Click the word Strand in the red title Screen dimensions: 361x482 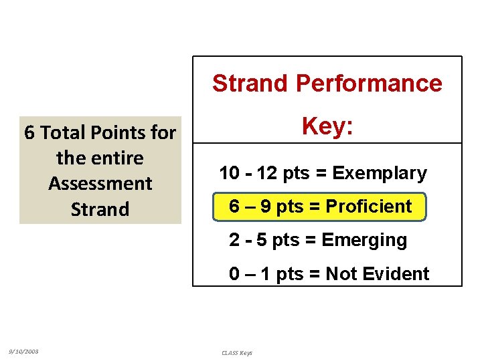coord(250,84)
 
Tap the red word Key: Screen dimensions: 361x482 coord(327,126)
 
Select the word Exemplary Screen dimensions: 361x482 coord(380,173)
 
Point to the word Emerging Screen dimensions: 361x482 coord(364,240)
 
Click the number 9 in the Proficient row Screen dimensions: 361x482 coord(265,207)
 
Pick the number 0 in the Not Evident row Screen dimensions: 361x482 coord(235,273)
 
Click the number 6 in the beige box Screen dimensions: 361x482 coord(29,133)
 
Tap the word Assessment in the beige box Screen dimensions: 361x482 coord(100,183)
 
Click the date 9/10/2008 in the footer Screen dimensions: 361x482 coord(23,351)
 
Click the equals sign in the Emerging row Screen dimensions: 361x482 coord(311,240)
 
